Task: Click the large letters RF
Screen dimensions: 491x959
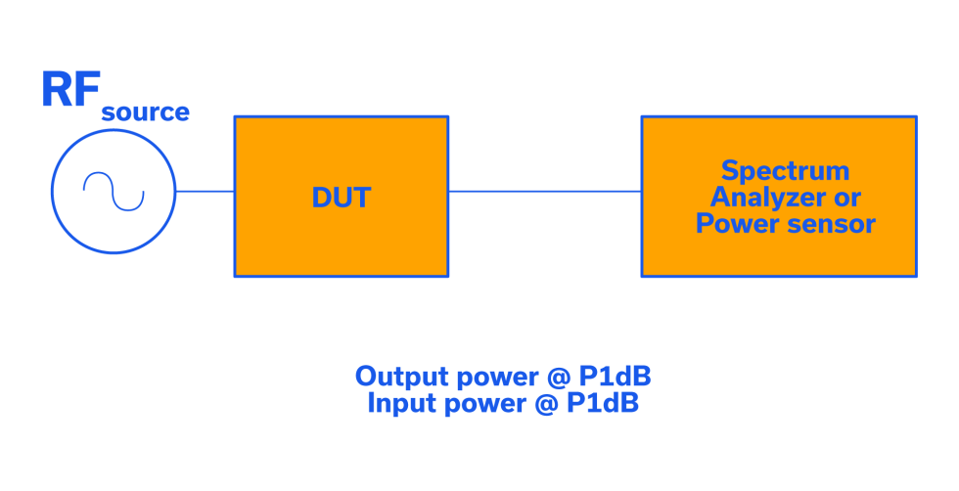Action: (69, 90)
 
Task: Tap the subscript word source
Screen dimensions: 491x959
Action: (145, 112)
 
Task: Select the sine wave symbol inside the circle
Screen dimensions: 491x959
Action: (114, 192)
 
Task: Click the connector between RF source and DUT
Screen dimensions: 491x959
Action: (205, 192)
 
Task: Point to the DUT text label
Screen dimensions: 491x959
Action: (341, 198)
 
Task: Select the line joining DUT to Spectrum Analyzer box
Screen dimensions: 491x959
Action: (544, 192)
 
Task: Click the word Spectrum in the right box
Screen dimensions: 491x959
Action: (785, 171)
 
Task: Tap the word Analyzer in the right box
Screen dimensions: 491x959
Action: (763, 198)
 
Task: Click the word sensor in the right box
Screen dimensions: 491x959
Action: (831, 224)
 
